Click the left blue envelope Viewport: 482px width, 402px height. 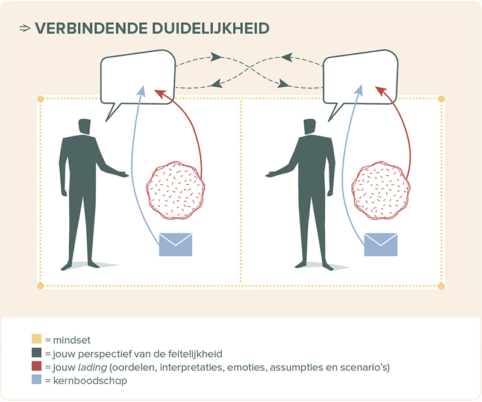click(x=175, y=245)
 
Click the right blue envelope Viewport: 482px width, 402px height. click(x=381, y=245)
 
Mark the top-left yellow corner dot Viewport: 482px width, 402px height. click(x=40, y=99)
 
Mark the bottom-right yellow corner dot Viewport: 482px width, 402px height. click(x=441, y=285)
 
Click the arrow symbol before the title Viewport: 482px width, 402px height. click(x=25, y=28)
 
